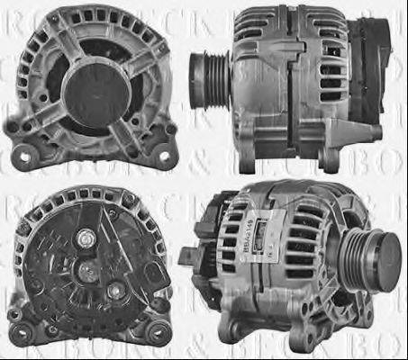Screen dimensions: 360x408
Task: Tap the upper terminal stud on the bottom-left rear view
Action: coord(85,238)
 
